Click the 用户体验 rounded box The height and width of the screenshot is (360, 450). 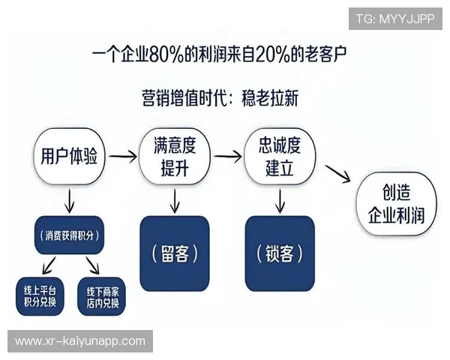click(x=69, y=157)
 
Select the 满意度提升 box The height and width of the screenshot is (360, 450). click(x=174, y=157)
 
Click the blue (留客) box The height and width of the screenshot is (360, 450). click(x=174, y=253)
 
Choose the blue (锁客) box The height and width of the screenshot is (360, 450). click(x=280, y=253)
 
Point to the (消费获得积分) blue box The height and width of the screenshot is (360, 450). click(x=68, y=235)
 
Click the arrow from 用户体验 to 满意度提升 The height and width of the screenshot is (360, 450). click(x=121, y=157)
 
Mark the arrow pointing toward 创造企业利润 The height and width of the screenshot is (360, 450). click(x=339, y=174)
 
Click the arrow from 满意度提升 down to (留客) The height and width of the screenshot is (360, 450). click(x=175, y=199)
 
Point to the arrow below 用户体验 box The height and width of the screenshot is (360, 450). click(x=69, y=200)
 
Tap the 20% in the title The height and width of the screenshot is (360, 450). click(x=269, y=55)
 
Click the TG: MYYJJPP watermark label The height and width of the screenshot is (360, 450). click(x=395, y=18)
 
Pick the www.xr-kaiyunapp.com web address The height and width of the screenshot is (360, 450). click(x=80, y=341)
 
